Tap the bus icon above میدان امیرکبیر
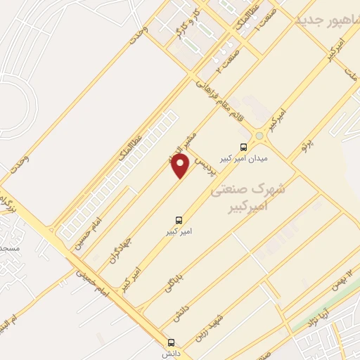pyautogui.click(x=243, y=148)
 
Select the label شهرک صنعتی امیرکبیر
pyautogui.click(x=253, y=197)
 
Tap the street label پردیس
pyautogui.click(x=202, y=169)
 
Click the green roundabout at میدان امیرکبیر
pyautogui.click(x=259, y=135)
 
